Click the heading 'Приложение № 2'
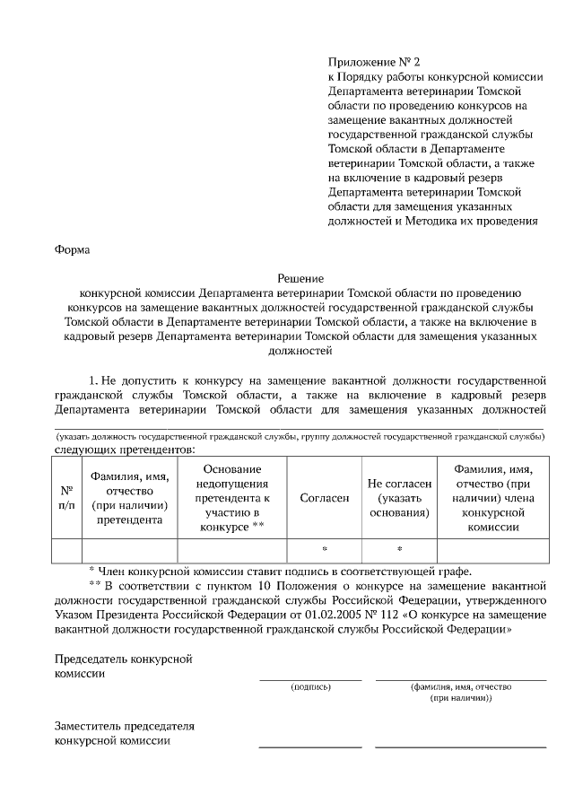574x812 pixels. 374,62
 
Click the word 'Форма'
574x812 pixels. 73,250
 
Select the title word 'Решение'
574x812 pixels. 300,279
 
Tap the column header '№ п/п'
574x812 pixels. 66,497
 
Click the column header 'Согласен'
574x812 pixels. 324,497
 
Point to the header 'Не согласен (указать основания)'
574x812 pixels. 400,497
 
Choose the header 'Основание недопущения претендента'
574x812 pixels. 231,497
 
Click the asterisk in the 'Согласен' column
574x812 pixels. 324,549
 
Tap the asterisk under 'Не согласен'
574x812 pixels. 399,549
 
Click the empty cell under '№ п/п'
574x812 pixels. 66,549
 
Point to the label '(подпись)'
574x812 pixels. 310,686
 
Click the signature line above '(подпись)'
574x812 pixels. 310,680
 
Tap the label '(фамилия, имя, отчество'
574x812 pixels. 461,686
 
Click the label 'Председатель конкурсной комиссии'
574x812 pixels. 124,667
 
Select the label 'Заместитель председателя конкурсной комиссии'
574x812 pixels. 124,733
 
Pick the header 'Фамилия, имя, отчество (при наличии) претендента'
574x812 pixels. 130,497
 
